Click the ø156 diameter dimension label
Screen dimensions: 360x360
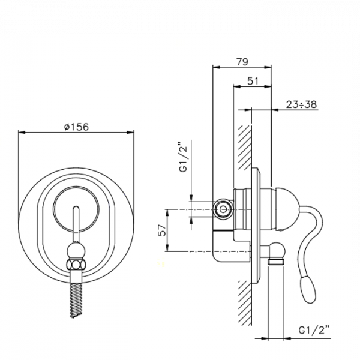pyautogui.click(x=76, y=127)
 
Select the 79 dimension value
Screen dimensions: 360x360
pyautogui.click(x=242, y=62)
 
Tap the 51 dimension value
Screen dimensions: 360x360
pyautogui.click(x=253, y=81)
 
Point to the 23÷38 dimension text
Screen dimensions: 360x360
pyautogui.click(x=301, y=104)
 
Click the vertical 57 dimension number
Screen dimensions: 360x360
pyautogui.click(x=163, y=230)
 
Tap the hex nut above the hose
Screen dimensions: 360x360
pyautogui.click(x=76, y=265)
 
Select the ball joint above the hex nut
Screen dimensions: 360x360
pyautogui.click(x=76, y=251)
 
